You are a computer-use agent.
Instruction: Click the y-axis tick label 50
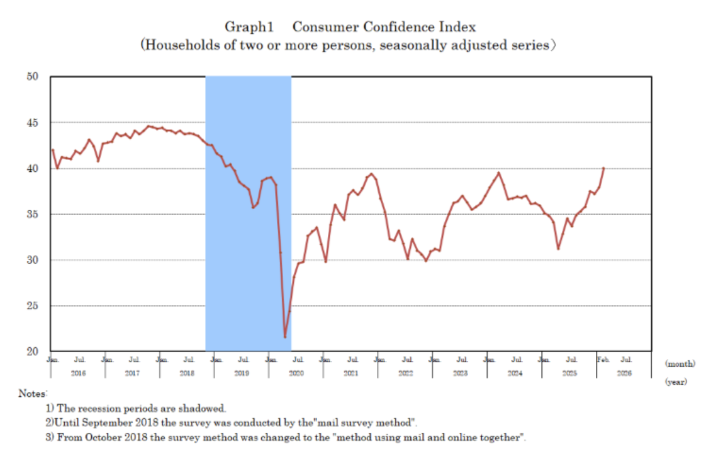coord(33,77)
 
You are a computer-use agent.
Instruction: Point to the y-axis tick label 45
coord(33,123)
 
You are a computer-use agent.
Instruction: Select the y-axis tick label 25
coord(33,306)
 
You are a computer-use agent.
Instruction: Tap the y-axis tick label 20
coord(33,352)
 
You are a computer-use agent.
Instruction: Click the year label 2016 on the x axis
coord(78,373)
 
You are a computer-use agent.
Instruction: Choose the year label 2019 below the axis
coord(242,373)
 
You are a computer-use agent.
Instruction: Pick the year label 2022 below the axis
coord(405,373)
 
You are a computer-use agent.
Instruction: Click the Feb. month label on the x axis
coord(602,360)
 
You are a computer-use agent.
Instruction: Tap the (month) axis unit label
coord(680,363)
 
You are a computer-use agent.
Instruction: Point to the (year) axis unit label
coord(677,381)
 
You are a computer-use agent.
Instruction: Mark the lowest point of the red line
coord(285,337)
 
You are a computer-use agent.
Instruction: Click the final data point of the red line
coord(603,168)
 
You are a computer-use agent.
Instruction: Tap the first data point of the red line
coord(53,150)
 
